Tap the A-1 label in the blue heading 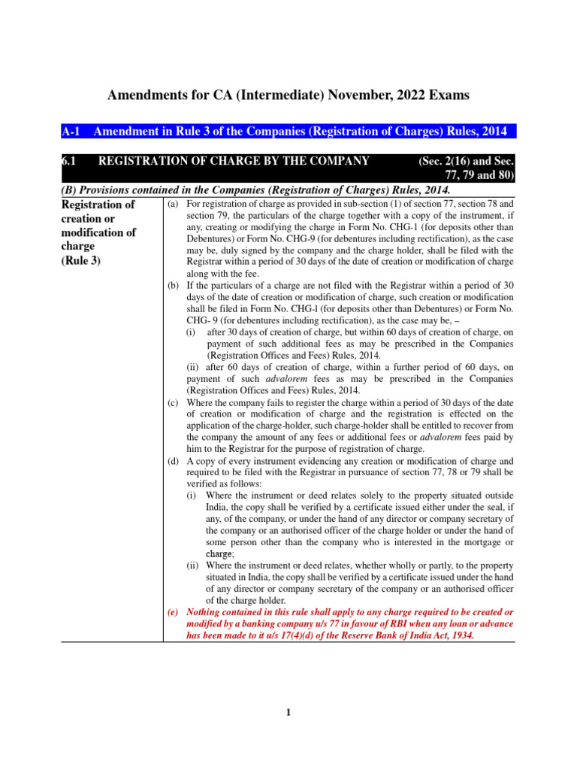coord(72,132)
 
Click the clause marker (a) coord(173,205)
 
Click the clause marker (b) coord(173,286)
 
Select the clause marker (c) coord(173,403)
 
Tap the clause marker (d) coord(173,461)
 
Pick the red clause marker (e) coord(173,612)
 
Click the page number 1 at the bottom coord(288,714)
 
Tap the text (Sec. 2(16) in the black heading coord(446,161)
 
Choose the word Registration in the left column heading coord(98,205)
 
